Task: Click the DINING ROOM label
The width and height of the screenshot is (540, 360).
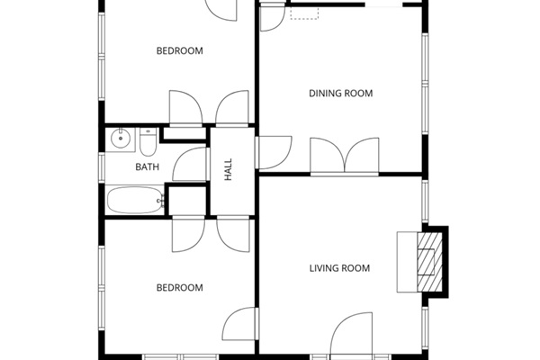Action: point(340,94)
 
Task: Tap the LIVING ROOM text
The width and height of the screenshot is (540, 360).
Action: point(339,268)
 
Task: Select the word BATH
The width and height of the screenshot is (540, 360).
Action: point(147,167)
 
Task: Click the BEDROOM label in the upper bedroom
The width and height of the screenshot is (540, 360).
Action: point(179,51)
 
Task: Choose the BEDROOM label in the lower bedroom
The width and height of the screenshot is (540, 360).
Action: point(179,288)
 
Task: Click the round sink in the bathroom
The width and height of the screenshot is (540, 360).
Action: point(120,139)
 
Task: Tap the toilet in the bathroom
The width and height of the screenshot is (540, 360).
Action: point(146,140)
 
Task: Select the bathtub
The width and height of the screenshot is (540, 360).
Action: point(134,201)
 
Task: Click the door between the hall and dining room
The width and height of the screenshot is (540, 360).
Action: point(274,151)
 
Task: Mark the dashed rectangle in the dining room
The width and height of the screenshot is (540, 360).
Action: point(304,13)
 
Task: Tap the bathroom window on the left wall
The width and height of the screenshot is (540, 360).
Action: point(102,167)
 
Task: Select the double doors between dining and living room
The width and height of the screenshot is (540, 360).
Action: point(346,155)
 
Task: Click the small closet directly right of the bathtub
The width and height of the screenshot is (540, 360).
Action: point(187,202)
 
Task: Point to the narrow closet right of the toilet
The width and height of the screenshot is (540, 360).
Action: point(184,135)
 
